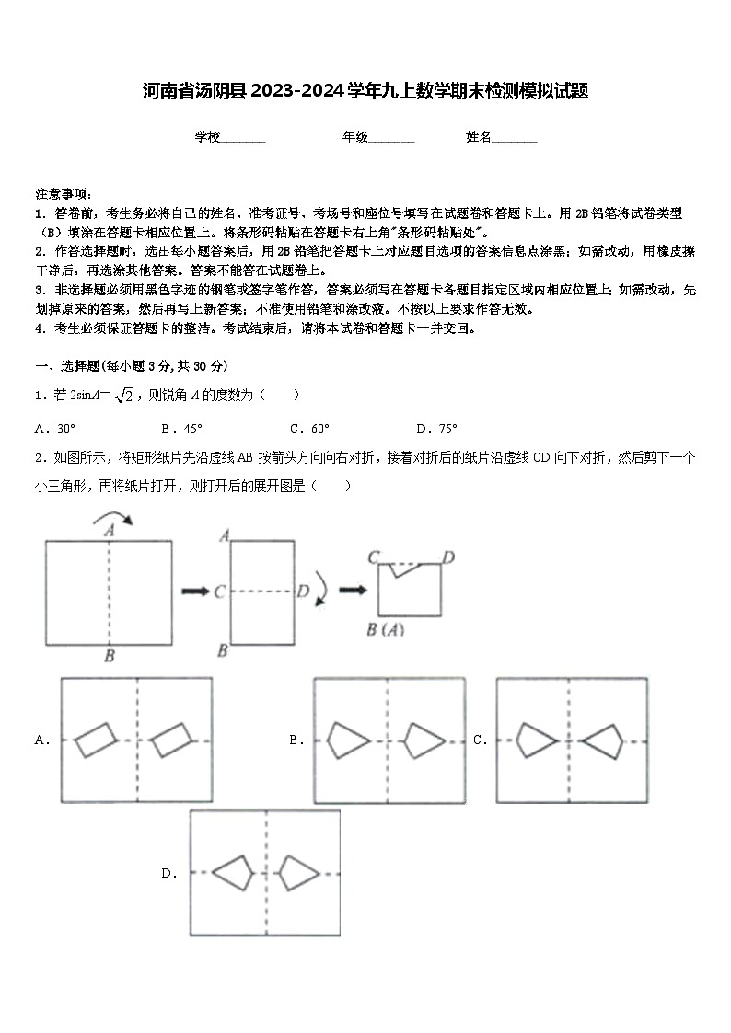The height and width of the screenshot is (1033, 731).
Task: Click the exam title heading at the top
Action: [x=365, y=91]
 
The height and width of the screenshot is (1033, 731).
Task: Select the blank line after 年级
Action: [x=392, y=139]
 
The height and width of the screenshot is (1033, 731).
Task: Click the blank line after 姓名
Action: [x=515, y=139]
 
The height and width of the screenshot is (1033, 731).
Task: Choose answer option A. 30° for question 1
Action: [x=55, y=429]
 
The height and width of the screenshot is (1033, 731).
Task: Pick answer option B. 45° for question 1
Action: [x=182, y=429]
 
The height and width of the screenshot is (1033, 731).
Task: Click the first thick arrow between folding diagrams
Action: [x=194, y=591]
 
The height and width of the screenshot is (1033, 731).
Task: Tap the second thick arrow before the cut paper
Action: [x=352, y=590]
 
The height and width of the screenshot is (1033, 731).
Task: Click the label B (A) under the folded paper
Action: [x=386, y=630]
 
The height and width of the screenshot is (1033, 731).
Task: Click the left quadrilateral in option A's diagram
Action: [x=97, y=739]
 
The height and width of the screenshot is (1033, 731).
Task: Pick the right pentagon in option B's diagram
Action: [x=425, y=740]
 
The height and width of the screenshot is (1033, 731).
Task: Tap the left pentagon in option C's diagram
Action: [x=535, y=739]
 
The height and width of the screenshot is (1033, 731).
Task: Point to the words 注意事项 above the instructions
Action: [x=63, y=195]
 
